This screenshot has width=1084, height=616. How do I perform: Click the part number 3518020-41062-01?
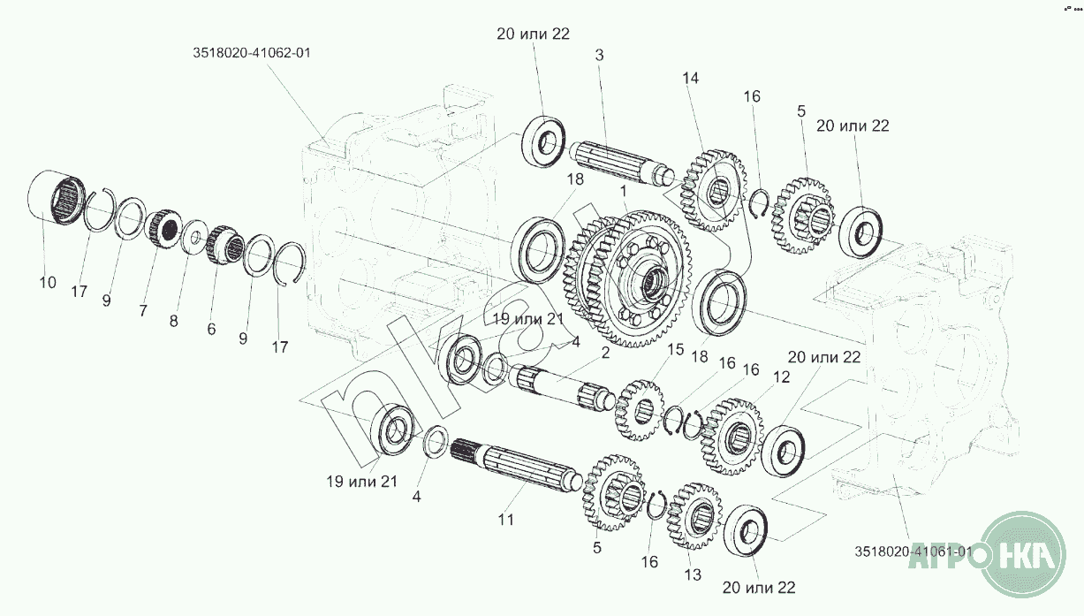tap(252, 53)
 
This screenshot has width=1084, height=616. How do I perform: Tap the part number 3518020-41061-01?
tap(913, 551)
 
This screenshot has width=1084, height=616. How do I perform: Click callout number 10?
tap(48, 282)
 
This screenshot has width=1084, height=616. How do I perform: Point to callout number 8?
tap(173, 321)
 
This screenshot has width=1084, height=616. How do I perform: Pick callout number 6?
tap(211, 328)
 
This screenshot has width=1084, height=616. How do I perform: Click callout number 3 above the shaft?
tap(599, 56)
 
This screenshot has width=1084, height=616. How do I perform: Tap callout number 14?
tap(690, 78)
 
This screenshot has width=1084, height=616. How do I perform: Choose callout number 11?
tap(504, 520)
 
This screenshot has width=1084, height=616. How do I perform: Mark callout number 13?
tap(692, 574)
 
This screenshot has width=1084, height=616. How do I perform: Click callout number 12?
tap(780, 377)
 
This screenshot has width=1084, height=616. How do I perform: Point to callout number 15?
tap(676, 350)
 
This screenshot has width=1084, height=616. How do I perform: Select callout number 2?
tap(605, 354)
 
